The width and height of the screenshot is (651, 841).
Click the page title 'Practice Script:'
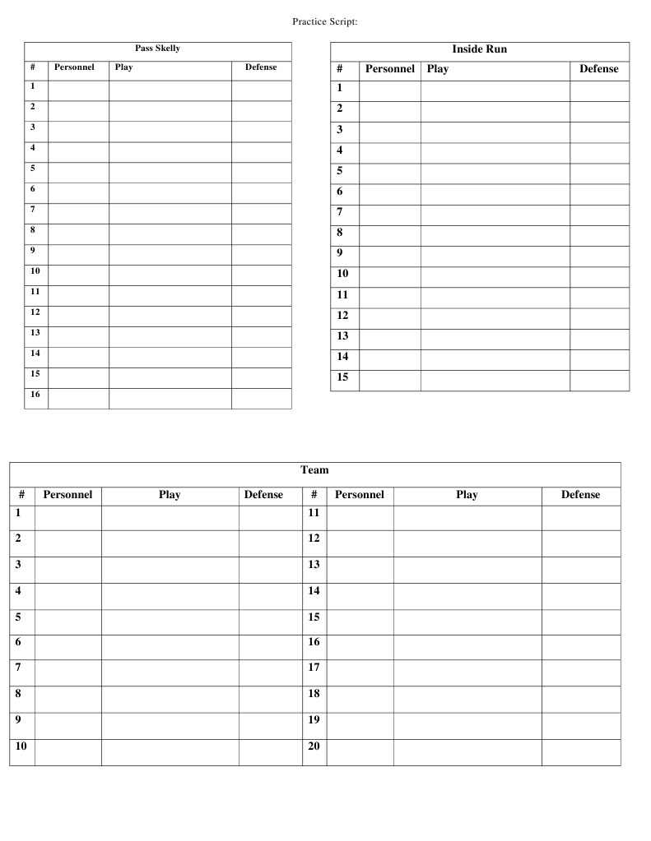pyautogui.click(x=324, y=21)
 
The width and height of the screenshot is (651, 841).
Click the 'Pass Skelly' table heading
pyautogui.click(x=157, y=49)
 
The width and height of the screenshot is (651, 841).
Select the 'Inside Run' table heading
pyautogui.click(x=479, y=49)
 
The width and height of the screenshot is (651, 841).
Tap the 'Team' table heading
pyautogui.click(x=314, y=470)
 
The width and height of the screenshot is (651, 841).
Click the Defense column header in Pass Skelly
pyautogui.click(x=261, y=67)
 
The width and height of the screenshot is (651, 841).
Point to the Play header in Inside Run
pyautogui.click(x=438, y=69)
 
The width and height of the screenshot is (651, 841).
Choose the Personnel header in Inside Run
pyautogui.click(x=389, y=69)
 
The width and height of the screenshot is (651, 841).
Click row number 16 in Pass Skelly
pyautogui.click(x=35, y=395)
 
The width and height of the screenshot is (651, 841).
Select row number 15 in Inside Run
pyautogui.click(x=342, y=377)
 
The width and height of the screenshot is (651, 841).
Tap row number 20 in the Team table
pyautogui.click(x=314, y=746)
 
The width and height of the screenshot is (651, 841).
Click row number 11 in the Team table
pyautogui.click(x=314, y=512)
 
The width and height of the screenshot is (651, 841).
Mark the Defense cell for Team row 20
pyautogui.click(x=580, y=752)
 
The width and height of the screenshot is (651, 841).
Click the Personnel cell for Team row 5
pyautogui.click(x=67, y=622)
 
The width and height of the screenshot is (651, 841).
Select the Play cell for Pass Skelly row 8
pyautogui.click(x=170, y=234)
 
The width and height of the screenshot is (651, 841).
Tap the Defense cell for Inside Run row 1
pyautogui.click(x=598, y=90)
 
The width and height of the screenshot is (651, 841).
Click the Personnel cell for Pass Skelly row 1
pyautogui.click(x=78, y=90)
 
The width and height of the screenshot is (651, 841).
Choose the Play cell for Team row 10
pyautogui.click(x=170, y=752)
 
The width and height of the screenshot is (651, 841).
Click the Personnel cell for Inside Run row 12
pyautogui.click(x=389, y=318)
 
